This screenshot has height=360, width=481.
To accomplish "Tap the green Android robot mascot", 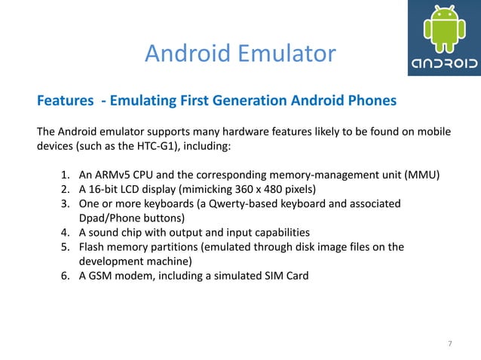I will coord(443,29).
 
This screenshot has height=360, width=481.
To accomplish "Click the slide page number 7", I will coord(450,344).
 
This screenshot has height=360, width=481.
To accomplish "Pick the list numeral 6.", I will coord(65,275).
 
